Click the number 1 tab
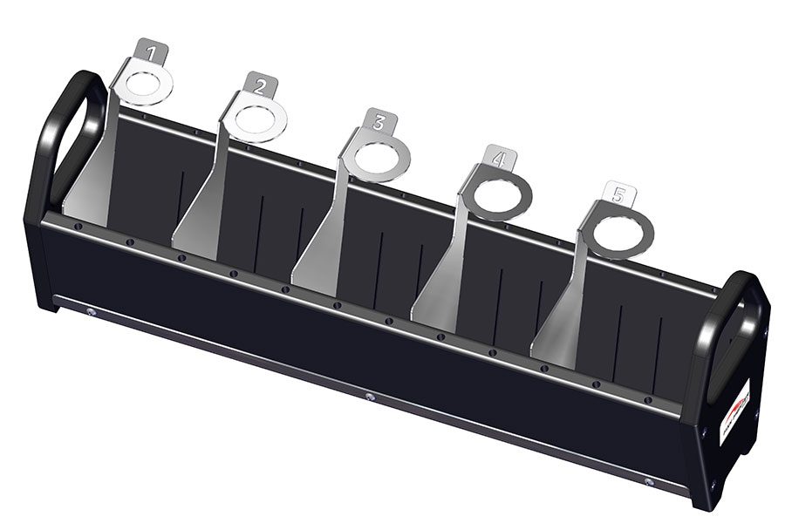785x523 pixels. [x=152, y=52]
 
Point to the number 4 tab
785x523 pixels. [x=499, y=160]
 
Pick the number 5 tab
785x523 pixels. [x=618, y=195]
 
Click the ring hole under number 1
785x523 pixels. [x=144, y=85]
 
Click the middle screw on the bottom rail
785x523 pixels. [x=370, y=397]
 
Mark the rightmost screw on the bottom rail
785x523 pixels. [x=648, y=480]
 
